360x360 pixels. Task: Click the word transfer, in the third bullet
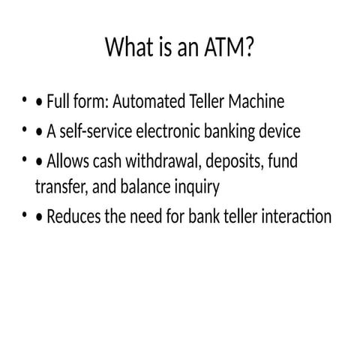click(x=59, y=185)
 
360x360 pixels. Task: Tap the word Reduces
click(x=73, y=217)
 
